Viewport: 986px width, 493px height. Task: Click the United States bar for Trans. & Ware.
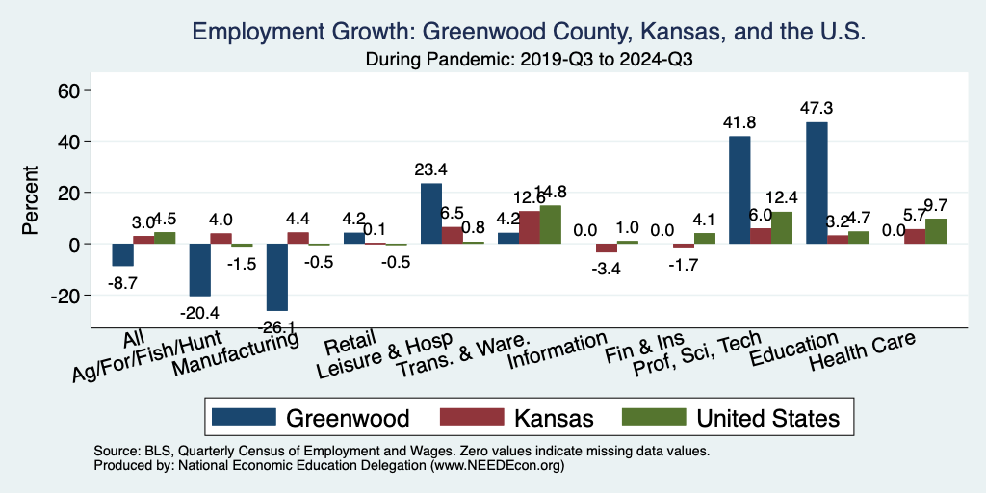pyautogui.click(x=550, y=225)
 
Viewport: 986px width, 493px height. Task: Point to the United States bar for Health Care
pyautogui.click(x=935, y=231)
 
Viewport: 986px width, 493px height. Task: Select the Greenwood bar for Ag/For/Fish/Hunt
pyautogui.click(x=200, y=270)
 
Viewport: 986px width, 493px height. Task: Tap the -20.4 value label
pyautogui.click(x=200, y=310)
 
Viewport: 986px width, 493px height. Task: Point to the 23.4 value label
pyautogui.click(x=431, y=169)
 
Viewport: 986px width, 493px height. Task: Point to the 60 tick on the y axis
pyautogui.click(x=73, y=91)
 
